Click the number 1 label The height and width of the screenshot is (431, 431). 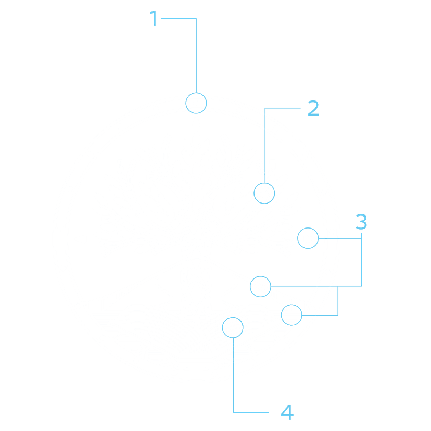click(x=154, y=18)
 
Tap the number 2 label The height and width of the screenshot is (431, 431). click(x=313, y=108)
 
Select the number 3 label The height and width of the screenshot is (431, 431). click(x=361, y=222)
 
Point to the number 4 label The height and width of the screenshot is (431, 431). click(x=287, y=412)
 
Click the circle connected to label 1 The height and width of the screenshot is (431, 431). click(x=196, y=93)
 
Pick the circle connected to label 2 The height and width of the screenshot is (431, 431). click(x=264, y=183)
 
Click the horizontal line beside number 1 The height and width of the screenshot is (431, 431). click(x=179, y=18)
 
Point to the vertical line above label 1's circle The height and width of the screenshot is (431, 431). click(x=196, y=56)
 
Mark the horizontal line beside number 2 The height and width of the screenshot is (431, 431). click(x=283, y=108)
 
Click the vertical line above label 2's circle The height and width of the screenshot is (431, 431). click(x=265, y=145)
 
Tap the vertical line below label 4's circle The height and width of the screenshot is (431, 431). click(x=233, y=375)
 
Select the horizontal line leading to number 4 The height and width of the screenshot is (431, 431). click(x=251, y=412)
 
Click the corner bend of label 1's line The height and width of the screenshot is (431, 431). click(x=196, y=18)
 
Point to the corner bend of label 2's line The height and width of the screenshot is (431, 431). click(x=265, y=108)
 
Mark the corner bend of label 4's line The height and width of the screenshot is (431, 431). click(x=233, y=412)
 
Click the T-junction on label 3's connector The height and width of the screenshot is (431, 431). click(x=338, y=286)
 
